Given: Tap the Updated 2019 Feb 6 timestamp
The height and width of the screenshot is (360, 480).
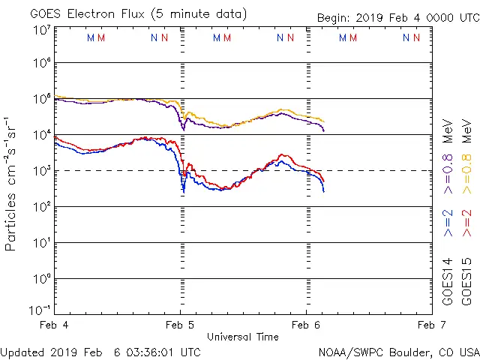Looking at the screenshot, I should click(100, 352).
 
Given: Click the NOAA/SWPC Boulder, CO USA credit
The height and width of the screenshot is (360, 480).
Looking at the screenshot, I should click(398, 352).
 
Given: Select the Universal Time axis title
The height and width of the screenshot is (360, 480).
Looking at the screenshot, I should click(242, 337).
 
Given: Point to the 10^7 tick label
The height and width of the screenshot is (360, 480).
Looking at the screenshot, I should click(42, 30).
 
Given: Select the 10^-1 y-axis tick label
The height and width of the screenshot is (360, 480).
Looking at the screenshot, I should click(40, 310).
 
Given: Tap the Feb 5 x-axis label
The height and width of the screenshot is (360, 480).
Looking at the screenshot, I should click(180, 325).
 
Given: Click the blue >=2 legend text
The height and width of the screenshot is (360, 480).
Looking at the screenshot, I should click(449, 223).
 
